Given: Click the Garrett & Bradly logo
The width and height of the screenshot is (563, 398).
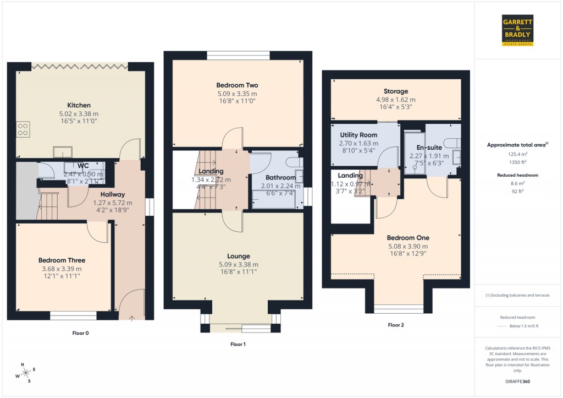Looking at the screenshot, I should tap(518, 30).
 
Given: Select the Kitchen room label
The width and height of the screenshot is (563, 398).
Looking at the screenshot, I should tap(79, 105).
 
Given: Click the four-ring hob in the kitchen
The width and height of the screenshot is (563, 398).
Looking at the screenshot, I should tap(24, 129).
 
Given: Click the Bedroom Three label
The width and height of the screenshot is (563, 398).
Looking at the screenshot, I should tap(62, 260).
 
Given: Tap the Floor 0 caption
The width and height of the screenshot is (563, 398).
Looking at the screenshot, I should tap(80, 332).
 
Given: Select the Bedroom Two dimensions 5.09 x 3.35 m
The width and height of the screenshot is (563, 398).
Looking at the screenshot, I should tap(237, 94).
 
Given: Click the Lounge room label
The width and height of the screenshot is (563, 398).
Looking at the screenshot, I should tap(239, 256).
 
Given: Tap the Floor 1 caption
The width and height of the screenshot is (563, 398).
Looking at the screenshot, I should tap(238, 344).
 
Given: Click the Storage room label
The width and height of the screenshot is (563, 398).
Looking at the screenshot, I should tap(395, 91).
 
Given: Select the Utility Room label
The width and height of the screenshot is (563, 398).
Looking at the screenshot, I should tap(358, 135).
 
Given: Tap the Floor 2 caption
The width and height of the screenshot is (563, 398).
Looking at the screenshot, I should tap(396, 325).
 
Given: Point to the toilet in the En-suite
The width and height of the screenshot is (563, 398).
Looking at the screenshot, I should tap(454, 143).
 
